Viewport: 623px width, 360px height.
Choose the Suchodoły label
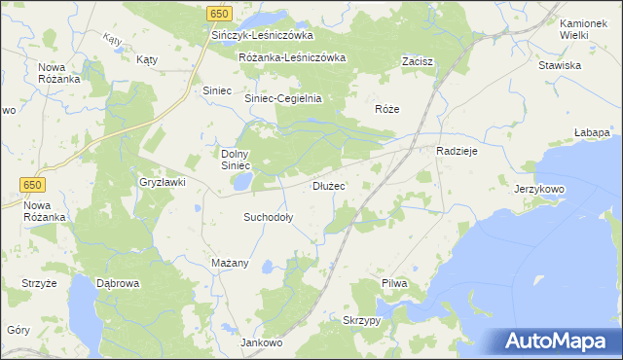click(x=268, y=218)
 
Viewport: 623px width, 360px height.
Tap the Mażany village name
click(x=231, y=263)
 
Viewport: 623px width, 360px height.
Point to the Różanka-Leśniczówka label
click(x=292, y=57)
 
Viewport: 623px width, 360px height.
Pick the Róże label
click(x=387, y=109)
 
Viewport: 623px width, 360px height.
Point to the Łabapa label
click(x=592, y=131)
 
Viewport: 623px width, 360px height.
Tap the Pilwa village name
click(x=393, y=283)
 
